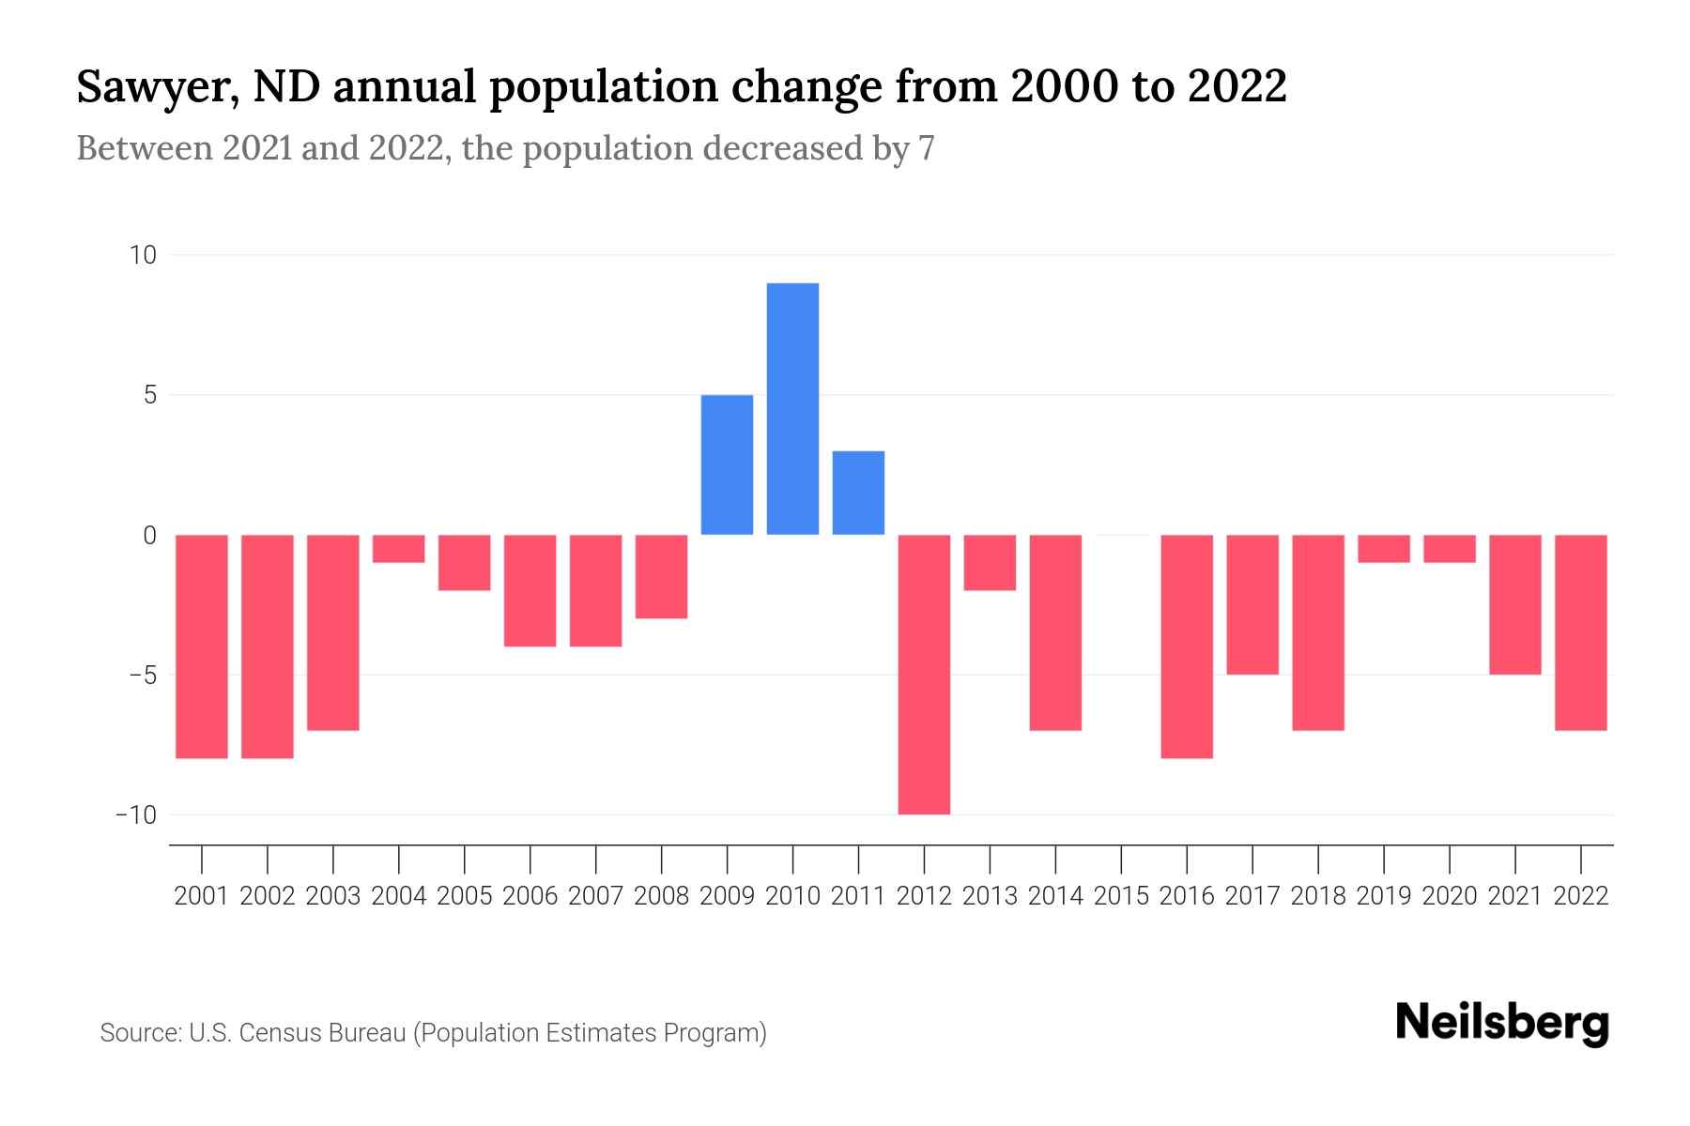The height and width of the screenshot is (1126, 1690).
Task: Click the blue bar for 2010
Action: coord(792,409)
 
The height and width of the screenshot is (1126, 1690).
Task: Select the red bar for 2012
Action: coord(924,674)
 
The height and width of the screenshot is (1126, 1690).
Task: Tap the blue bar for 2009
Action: coord(727,464)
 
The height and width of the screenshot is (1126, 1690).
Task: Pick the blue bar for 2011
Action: coord(858,493)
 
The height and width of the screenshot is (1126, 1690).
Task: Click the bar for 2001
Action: coord(202,646)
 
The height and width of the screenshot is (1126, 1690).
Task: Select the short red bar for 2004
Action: coord(399,549)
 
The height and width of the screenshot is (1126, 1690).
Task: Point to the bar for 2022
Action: coord(1581,631)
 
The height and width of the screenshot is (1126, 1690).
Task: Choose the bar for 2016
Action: coord(1187,646)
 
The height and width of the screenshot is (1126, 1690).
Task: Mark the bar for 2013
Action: coord(990,562)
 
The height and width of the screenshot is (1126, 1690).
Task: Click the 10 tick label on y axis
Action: coord(144,255)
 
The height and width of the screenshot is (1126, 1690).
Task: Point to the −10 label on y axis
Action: coord(136,814)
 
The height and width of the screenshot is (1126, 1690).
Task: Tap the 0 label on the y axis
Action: coord(149,535)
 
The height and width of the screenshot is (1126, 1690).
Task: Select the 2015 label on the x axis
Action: coord(1121,896)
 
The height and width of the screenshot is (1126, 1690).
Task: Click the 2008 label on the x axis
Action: coord(661,896)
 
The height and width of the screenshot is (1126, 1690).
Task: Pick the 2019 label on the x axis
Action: coord(1384,896)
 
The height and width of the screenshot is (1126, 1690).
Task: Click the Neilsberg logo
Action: coord(1502,1024)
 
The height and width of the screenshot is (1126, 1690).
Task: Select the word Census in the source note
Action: coord(284,1033)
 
